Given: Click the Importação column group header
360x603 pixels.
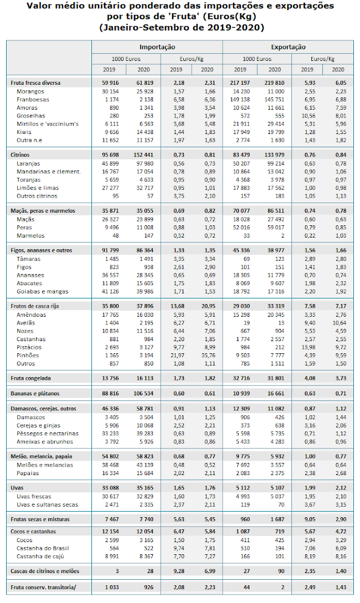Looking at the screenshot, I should pos(157,47).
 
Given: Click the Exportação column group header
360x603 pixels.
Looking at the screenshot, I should pos(288,47).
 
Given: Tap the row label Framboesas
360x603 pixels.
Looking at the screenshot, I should pos(32,99).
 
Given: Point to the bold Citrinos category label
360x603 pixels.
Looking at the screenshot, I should pos(20,155).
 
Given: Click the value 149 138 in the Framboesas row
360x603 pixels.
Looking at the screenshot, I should pos(240,99).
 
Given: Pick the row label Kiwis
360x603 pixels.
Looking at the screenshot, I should pos(24,132).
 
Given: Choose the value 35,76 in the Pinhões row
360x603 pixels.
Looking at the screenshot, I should pos(207,355).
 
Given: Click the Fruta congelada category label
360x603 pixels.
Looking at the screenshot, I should pos(31,378).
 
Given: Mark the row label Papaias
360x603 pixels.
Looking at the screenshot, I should pos(27,473).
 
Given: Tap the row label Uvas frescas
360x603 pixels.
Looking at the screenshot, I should pos(34,497).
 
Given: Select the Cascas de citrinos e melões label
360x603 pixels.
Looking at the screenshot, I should pos(45,570).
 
